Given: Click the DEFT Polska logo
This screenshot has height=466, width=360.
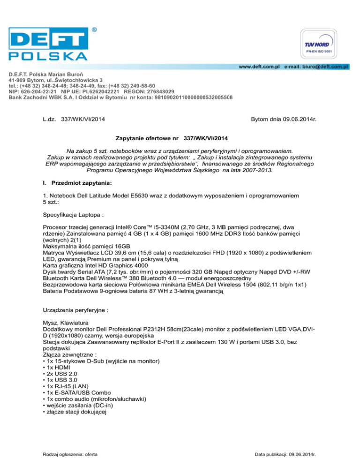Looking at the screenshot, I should click(x=48, y=43).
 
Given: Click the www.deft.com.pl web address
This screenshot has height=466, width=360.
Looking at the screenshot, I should click(x=259, y=67).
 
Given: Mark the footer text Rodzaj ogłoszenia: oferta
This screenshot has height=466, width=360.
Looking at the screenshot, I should click(x=70, y=454).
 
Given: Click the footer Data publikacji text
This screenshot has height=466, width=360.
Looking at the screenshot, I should click(x=284, y=454).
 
